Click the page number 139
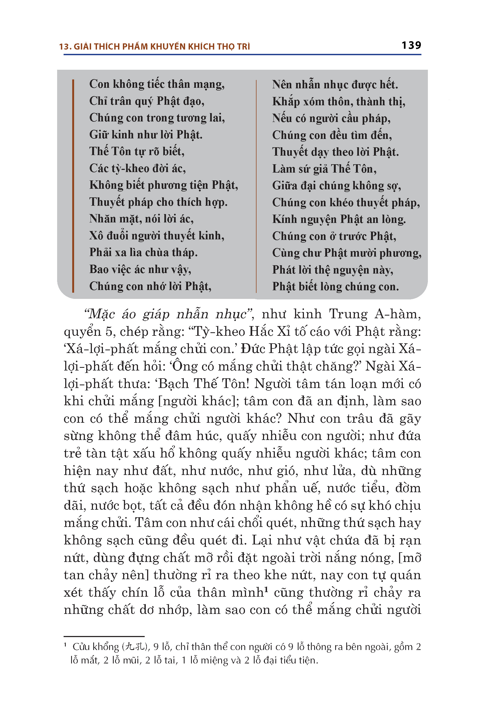(x=411, y=46)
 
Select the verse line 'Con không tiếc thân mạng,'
(x=157, y=84)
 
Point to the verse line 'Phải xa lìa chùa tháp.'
(x=143, y=253)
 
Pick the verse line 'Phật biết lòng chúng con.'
(x=335, y=286)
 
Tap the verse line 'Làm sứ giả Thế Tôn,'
(x=324, y=169)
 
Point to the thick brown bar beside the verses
(x=73, y=186)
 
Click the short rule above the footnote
(x=104, y=637)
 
